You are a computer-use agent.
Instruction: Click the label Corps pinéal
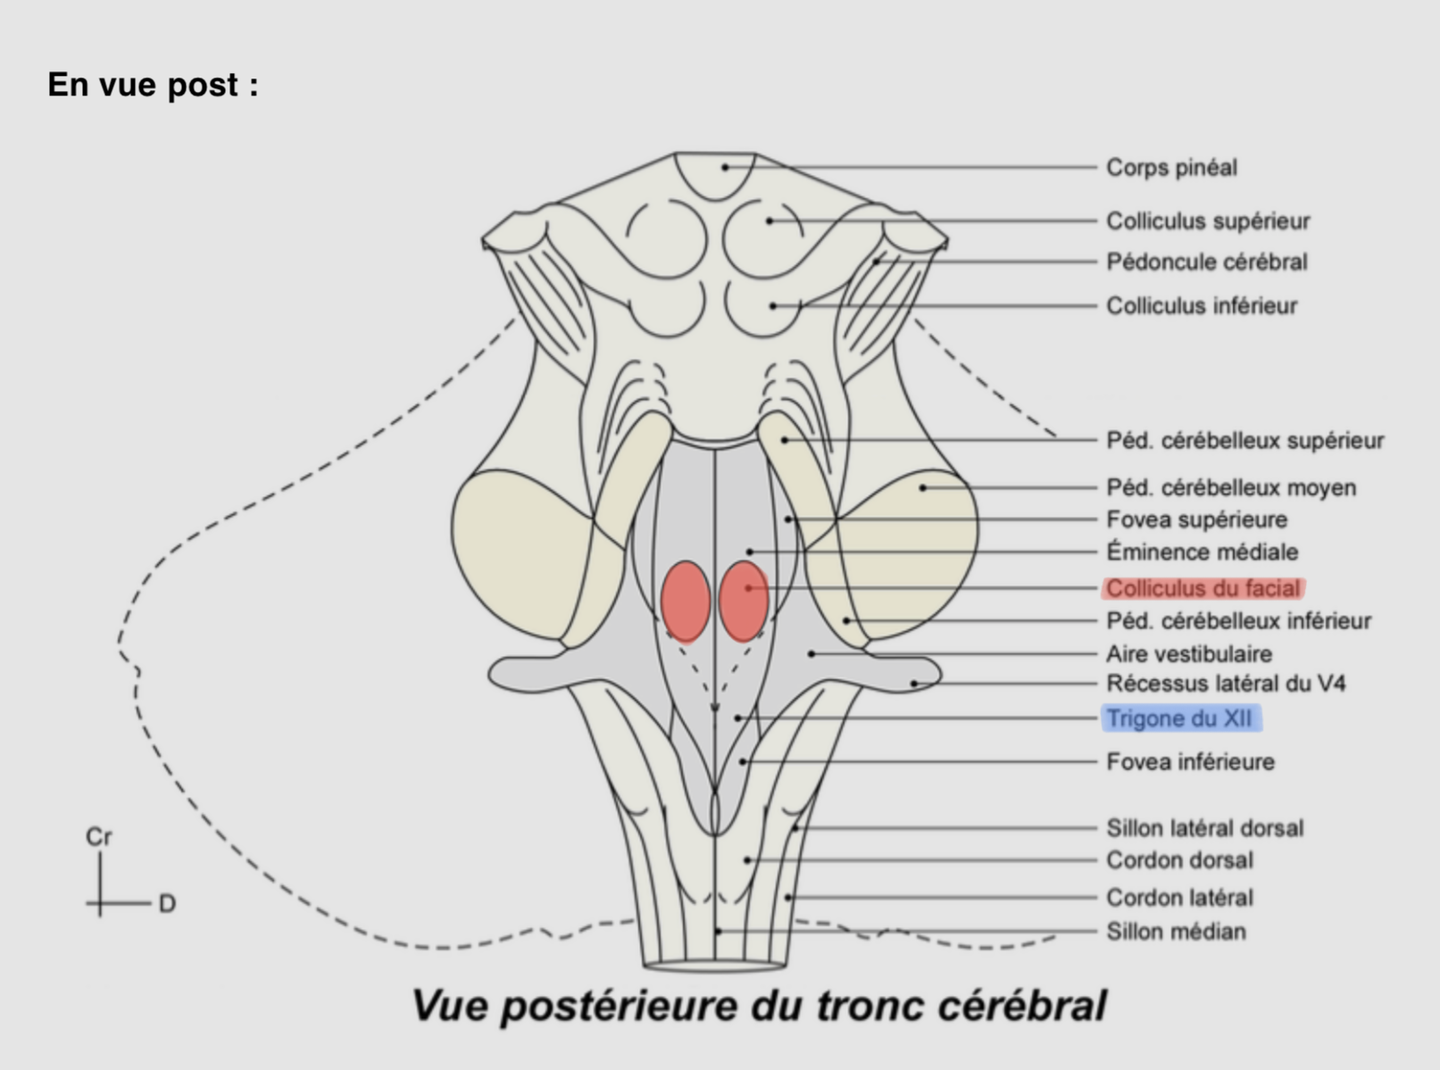coord(1171,168)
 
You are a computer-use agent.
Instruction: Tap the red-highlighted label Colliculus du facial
coord(1203,589)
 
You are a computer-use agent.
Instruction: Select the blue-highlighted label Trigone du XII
coord(1180,718)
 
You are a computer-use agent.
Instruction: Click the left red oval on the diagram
coord(685,601)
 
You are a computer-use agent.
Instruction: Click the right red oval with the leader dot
coord(744,601)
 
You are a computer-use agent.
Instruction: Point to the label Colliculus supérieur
coord(1208,221)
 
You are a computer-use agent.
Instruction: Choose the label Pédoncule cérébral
coord(1206,262)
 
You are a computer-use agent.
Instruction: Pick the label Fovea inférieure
coord(1190,762)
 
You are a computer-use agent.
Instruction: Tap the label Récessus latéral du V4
coord(1226,684)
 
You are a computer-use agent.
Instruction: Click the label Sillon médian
coord(1176,932)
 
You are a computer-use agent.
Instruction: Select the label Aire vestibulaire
coord(1188,654)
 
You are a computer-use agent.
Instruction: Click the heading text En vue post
coord(152,86)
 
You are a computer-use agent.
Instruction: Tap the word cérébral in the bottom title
coord(1021,1007)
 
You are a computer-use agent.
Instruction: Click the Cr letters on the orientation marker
coord(98,837)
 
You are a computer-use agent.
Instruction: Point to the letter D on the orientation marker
coord(167,904)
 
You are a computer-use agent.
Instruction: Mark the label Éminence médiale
coord(1202,552)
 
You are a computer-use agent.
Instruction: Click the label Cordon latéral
coord(1179,898)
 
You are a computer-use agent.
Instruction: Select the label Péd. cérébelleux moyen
coord(1230,488)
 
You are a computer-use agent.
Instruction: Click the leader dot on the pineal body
coord(725,167)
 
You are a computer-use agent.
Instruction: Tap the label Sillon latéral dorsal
coord(1204,828)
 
